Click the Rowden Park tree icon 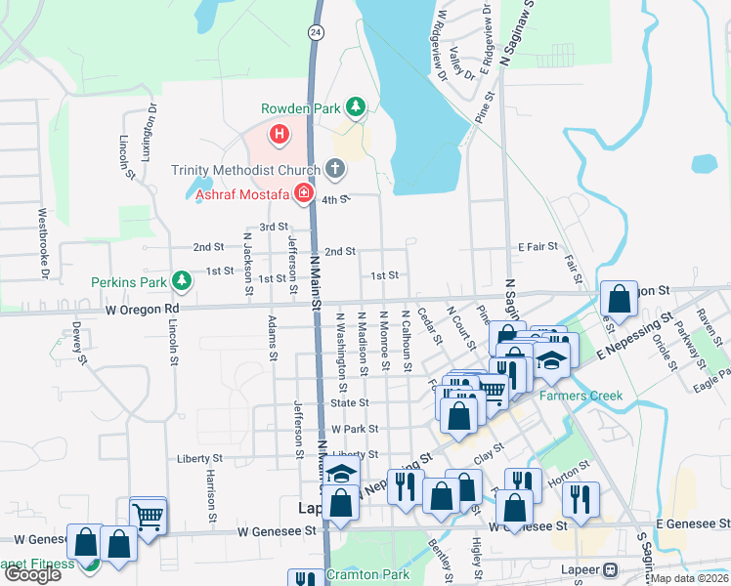tap(357, 105)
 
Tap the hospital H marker tap(279, 133)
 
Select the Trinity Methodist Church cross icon tap(335, 169)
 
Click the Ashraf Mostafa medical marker tap(304, 193)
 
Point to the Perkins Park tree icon tap(181, 281)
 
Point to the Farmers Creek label tap(581, 397)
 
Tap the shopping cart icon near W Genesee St tap(148, 517)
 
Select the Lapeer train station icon tap(611, 569)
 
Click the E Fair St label tap(537, 246)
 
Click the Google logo tap(32, 574)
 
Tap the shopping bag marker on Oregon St tap(619, 300)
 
